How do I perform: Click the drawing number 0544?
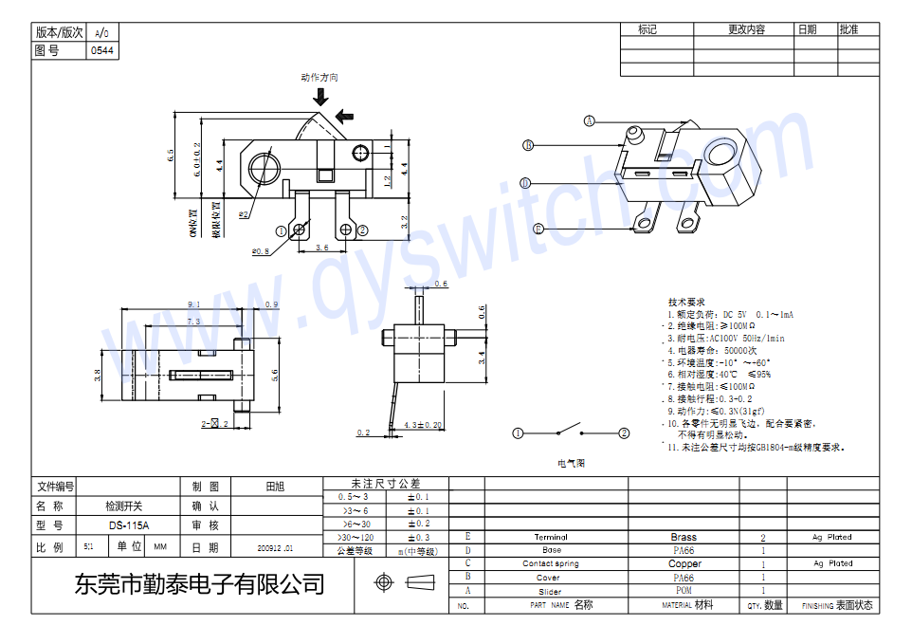point(103,50)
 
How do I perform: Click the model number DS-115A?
point(128,524)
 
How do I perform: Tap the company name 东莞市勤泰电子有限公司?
point(199,583)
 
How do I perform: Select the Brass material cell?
point(683,537)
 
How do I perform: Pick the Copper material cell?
point(684,563)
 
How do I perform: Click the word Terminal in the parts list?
point(551,537)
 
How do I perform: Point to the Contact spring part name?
point(551,563)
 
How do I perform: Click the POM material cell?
point(683,590)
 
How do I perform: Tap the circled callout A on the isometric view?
point(589,120)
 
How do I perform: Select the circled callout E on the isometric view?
point(538,229)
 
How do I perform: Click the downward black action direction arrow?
point(321,97)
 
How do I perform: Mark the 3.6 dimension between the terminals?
point(322,247)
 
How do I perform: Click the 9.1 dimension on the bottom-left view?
point(194,304)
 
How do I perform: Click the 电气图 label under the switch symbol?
point(572,464)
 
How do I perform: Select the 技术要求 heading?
point(685,302)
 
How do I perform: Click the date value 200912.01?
point(275,548)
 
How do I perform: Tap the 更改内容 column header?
point(746,29)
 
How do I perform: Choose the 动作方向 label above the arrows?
point(319,78)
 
